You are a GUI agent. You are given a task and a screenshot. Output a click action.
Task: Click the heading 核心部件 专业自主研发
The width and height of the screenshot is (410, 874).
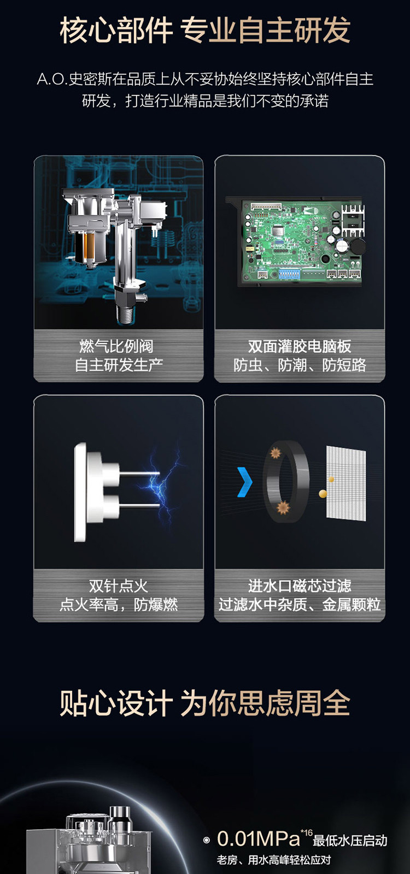(205, 30)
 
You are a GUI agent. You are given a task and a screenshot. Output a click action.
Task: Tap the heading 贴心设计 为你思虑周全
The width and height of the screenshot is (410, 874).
(205, 704)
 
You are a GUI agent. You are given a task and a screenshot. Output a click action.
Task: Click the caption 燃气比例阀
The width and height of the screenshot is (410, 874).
(117, 346)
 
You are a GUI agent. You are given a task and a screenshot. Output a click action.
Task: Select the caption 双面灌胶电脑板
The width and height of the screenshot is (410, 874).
(300, 346)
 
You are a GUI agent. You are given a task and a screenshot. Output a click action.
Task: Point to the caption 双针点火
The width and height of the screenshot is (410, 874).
(118, 586)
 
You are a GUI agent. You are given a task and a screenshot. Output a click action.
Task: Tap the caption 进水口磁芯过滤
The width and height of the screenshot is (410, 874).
(300, 586)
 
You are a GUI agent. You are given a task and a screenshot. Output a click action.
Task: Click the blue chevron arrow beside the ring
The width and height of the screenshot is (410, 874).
(244, 482)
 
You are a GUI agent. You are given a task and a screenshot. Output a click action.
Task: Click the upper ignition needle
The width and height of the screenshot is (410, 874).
(139, 473)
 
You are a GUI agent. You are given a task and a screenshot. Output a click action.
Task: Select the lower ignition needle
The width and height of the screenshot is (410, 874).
(139, 506)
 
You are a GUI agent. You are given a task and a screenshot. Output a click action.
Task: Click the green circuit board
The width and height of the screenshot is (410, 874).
(301, 240)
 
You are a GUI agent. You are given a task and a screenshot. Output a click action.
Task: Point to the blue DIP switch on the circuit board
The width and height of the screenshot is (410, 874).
(289, 274)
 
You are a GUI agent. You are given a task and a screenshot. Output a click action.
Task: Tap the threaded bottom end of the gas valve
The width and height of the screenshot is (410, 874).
(126, 315)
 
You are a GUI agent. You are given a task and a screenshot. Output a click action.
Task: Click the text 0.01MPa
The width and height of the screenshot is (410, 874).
(258, 838)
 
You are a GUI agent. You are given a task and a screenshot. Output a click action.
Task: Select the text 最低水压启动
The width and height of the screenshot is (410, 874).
(350, 841)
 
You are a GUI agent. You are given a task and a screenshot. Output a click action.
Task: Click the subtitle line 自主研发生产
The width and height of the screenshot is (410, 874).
(119, 365)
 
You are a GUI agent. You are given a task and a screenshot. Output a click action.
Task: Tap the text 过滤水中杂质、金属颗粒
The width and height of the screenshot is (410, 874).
(300, 605)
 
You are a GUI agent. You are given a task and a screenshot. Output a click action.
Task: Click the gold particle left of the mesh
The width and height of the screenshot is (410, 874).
(323, 494)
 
